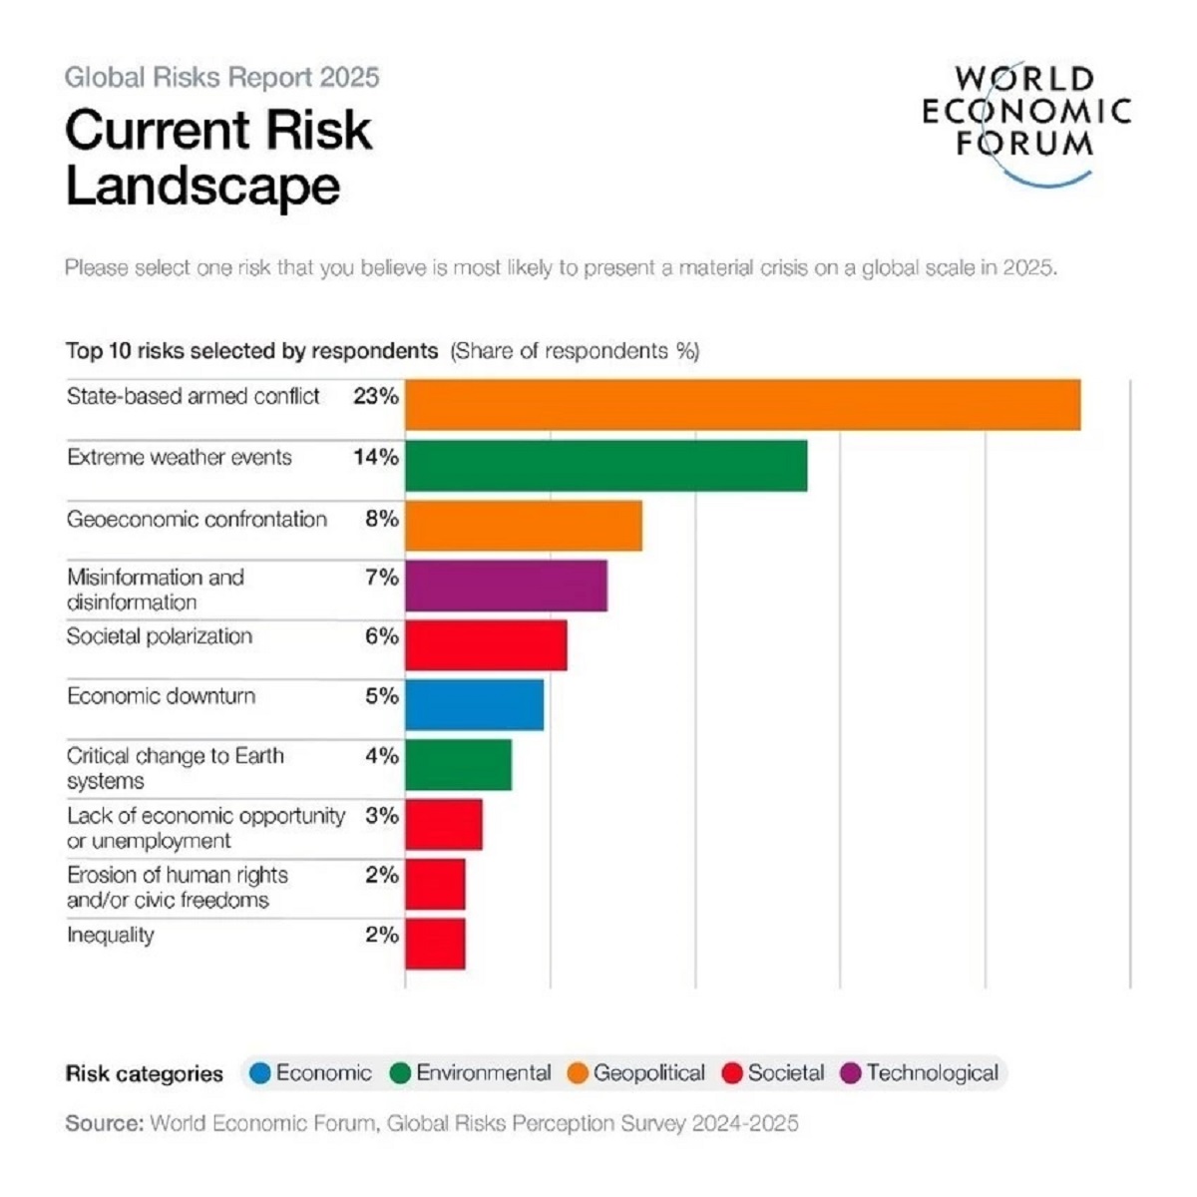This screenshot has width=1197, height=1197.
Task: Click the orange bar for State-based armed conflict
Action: (742, 405)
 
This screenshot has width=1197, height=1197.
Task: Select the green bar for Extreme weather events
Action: (605, 466)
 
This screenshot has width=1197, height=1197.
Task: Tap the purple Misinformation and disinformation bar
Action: (506, 586)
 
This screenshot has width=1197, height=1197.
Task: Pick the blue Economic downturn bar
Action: (474, 705)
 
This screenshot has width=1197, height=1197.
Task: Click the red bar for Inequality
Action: (435, 944)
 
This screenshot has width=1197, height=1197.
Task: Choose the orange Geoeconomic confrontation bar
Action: (523, 526)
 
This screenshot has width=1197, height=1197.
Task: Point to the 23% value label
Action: (375, 397)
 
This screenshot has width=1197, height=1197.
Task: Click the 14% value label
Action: (375, 458)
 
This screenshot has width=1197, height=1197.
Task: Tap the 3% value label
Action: (381, 816)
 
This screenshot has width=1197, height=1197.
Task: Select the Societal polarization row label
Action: (160, 636)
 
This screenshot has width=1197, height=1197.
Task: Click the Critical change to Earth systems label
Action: (176, 768)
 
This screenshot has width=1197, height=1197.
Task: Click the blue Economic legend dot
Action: (260, 1073)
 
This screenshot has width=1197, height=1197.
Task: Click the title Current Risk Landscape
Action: (218, 158)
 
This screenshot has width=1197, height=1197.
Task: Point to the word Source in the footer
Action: (104, 1123)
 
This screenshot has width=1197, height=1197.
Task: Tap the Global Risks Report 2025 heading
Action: (221, 78)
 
